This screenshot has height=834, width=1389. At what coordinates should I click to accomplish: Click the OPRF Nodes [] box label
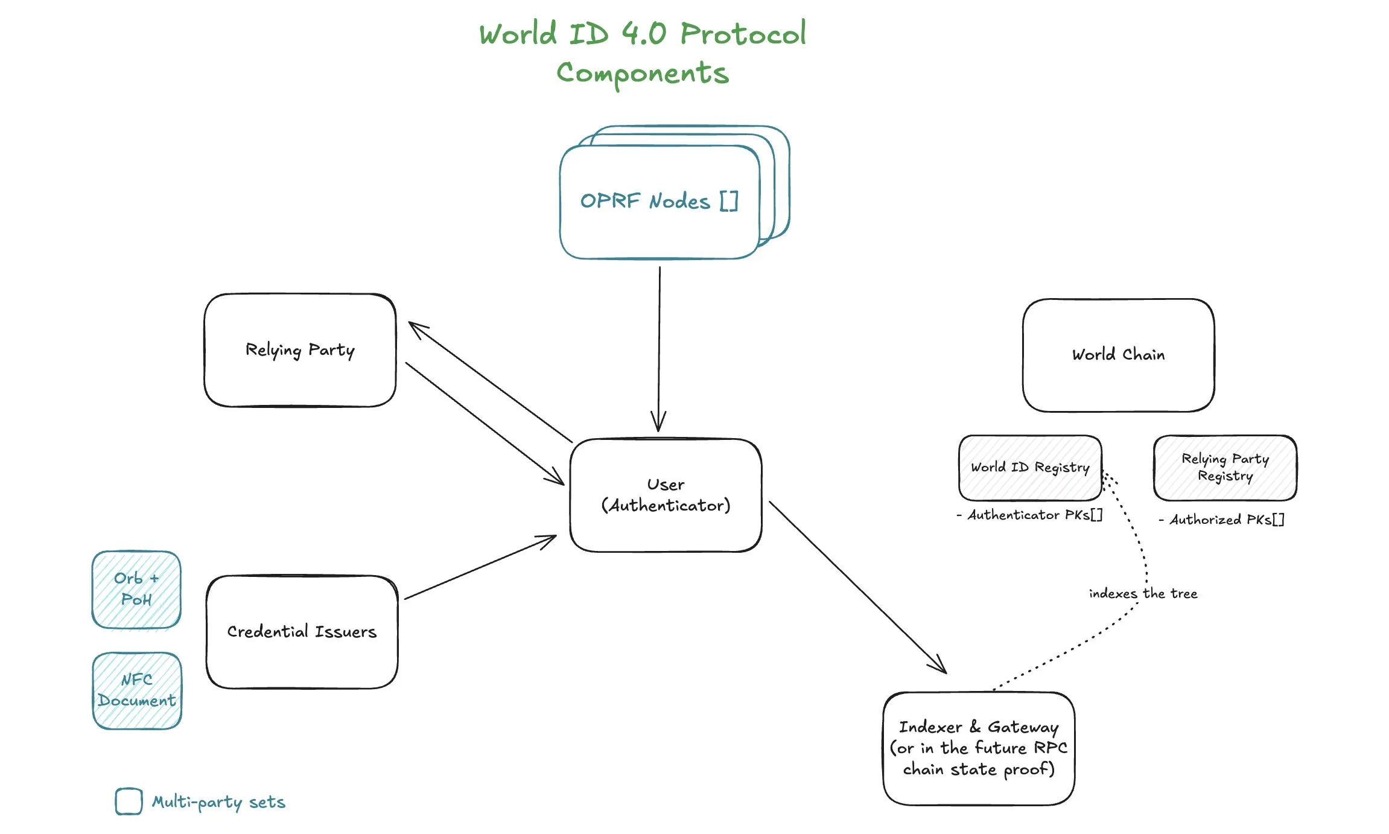(x=658, y=201)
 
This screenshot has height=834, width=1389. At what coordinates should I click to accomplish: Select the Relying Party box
(x=300, y=350)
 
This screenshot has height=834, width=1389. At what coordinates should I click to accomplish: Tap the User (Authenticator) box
(x=666, y=495)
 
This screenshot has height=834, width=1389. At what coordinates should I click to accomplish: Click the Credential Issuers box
(x=302, y=631)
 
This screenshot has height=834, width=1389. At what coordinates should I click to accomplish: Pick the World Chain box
(x=1118, y=355)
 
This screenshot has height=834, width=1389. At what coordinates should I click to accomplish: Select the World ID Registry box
(x=1030, y=468)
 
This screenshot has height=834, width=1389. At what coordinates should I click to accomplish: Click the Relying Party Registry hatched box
(x=1225, y=468)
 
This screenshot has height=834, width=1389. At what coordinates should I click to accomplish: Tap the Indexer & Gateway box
(x=978, y=748)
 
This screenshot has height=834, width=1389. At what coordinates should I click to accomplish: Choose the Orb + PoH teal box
(x=136, y=589)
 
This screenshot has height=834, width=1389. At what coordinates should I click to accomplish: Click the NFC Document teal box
(x=137, y=690)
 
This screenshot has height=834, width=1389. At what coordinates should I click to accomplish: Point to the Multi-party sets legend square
(x=129, y=801)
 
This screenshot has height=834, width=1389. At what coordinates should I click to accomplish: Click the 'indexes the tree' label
(x=1143, y=594)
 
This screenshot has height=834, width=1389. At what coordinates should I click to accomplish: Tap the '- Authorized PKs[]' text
(x=1222, y=520)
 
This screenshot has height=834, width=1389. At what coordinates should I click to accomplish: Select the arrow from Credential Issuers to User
(x=480, y=567)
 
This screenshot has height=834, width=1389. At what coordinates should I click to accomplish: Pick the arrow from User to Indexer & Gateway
(x=857, y=587)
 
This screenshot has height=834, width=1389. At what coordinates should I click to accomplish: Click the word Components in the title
(x=643, y=74)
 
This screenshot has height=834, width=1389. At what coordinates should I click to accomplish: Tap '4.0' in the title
(x=644, y=34)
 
